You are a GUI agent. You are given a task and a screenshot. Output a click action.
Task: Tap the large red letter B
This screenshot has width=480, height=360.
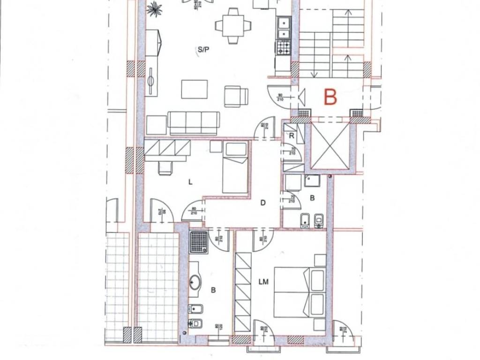(330, 97)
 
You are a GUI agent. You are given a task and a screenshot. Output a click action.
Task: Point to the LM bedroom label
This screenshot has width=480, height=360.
(263, 281)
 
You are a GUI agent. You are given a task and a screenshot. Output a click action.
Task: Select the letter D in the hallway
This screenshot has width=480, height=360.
(263, 203)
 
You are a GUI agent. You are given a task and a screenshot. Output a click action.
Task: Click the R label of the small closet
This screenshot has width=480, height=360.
(292, 136)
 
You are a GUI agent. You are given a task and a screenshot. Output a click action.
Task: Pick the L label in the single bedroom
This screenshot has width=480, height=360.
(190, 183)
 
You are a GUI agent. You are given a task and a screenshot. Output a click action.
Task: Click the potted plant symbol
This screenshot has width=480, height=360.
(154, 8)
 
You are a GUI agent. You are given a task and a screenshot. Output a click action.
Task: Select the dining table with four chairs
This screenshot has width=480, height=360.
(233, 24)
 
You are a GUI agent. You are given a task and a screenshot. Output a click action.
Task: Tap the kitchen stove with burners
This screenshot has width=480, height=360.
(284, 47)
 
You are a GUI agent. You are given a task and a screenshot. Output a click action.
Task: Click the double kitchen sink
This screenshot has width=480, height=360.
(283, 28)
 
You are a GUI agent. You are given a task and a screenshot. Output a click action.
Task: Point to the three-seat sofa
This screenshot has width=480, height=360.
(194, 123)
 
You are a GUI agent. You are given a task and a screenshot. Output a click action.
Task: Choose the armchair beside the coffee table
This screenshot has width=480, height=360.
(236, 96)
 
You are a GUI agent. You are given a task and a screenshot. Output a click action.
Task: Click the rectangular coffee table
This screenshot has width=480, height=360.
(194, 89)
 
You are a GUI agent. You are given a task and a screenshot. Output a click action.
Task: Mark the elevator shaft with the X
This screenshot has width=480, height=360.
(331, 145)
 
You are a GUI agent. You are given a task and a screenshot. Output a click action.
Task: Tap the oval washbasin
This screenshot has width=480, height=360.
(195, 283)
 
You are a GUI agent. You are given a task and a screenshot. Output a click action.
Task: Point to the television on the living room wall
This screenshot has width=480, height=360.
(151, 81)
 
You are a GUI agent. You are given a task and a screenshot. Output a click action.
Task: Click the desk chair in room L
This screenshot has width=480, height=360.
(165, 168)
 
